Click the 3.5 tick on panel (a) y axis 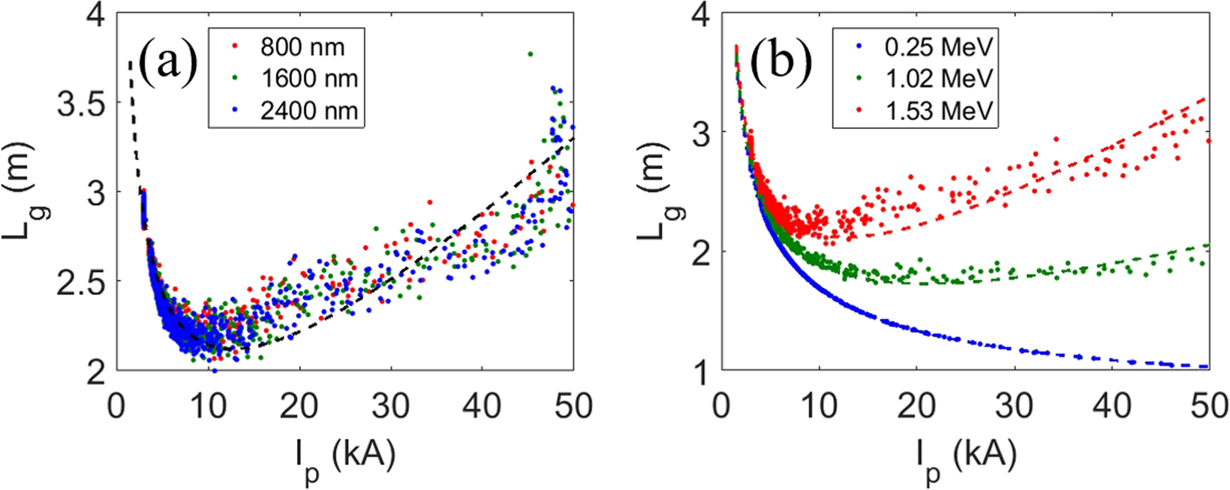81,103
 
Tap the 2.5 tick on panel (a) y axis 81,281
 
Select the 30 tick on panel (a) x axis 391,406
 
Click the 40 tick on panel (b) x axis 1111,406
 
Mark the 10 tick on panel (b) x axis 819,406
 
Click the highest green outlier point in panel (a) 530,54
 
